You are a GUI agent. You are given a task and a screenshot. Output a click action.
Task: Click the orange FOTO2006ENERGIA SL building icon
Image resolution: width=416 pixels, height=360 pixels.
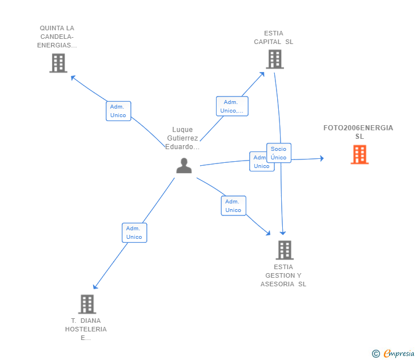pos(359,154)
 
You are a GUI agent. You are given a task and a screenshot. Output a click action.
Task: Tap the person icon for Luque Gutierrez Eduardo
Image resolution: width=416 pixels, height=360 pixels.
pos(184,166)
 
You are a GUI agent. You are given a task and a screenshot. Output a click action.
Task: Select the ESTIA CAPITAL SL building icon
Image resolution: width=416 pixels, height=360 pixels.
pos(274,59)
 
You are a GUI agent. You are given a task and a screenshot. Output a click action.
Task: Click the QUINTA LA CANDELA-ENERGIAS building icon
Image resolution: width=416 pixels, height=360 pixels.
pos(58,63)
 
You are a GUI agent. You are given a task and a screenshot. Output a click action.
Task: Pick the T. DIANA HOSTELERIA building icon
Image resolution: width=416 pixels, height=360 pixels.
pos(87,304)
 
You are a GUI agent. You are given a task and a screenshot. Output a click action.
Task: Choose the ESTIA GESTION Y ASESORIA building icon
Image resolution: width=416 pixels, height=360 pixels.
pos(285,250)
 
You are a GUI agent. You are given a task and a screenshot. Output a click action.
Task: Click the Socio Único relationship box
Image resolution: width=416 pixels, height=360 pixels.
pos(279,153)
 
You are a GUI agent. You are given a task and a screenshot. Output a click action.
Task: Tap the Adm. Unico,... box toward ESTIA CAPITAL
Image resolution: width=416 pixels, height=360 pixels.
pos(232,106)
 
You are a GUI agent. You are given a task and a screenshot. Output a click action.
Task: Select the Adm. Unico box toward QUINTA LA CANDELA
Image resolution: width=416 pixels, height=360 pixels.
pos(118,111)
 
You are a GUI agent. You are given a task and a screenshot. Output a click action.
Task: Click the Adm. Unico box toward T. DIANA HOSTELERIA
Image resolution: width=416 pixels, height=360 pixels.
pos(134,233)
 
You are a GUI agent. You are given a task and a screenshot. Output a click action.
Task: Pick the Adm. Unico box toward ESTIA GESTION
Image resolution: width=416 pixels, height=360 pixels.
pos(233,206)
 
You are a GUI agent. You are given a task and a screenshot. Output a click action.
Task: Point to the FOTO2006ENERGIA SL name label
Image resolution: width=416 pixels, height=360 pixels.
pos(358,132)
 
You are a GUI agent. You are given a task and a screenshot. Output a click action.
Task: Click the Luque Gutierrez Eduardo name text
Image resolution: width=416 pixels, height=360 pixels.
pos(183,138)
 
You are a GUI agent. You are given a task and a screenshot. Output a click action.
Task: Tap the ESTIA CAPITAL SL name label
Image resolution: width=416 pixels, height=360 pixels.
pos(274,37)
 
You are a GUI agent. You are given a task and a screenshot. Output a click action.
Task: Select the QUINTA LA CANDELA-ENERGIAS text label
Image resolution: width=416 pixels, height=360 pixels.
pos(57,37)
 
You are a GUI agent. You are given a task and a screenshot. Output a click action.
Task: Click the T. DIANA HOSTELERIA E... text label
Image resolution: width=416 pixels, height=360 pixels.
pos(86,329)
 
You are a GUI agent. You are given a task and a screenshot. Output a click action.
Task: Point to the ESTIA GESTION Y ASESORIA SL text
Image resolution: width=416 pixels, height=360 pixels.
pos(283,275)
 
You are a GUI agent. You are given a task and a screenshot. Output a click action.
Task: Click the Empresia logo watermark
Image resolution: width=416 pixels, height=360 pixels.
pos(399,353)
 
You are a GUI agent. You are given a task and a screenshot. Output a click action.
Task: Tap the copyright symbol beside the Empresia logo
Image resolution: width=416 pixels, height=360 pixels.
pos(376,354)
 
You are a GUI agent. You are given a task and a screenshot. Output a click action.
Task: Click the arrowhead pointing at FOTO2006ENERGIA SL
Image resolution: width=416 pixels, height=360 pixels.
pos(321,158)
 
